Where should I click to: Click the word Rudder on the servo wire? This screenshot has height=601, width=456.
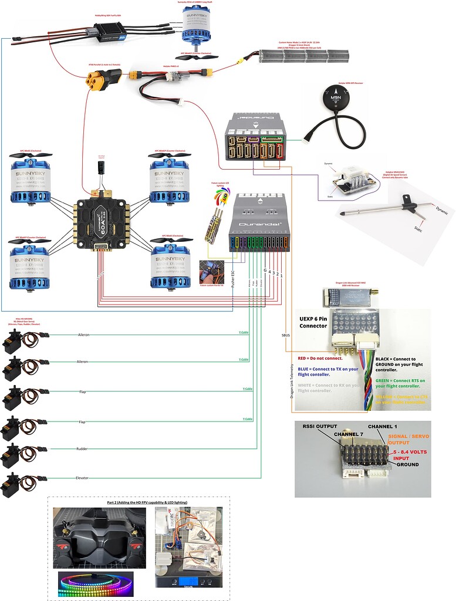point(82,450)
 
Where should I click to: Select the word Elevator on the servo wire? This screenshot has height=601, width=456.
point(82,478)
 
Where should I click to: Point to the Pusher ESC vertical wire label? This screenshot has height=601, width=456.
point(233,273)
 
